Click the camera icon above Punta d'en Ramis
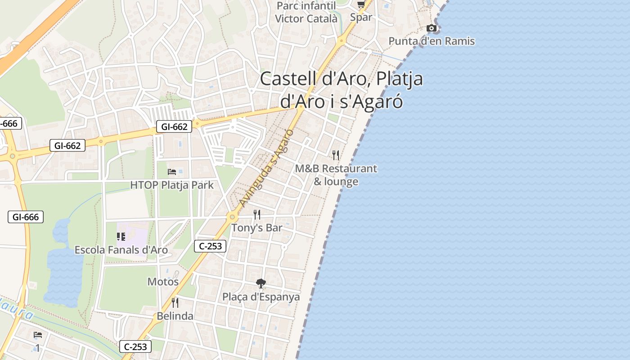(x=431, y=28)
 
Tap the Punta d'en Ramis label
(x=431, y=41)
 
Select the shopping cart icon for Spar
(x=361, y=5)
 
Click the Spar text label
(x=361, y=17)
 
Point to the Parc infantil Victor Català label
(x=306, y=12)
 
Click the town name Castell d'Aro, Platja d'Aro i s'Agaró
(x=342, y=90)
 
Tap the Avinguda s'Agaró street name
(x=266, y=168)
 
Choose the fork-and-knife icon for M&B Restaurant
(x=336, y=155)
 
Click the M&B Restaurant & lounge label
(x=336, y=175)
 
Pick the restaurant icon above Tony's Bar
(x=257, y=214)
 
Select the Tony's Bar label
(x=257, y=228)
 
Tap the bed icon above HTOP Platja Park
(x=172, y=171)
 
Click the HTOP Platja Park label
(x=172, y=185)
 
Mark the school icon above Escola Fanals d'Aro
(x=121, y=236)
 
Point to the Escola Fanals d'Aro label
(x=121, y=250)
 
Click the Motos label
(x=163, y=282)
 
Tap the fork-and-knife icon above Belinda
(x=175, y=302)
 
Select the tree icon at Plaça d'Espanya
(x=261, y=283)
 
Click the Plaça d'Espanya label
(x=261, y=297)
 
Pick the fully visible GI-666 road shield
(x=26, y=217)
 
